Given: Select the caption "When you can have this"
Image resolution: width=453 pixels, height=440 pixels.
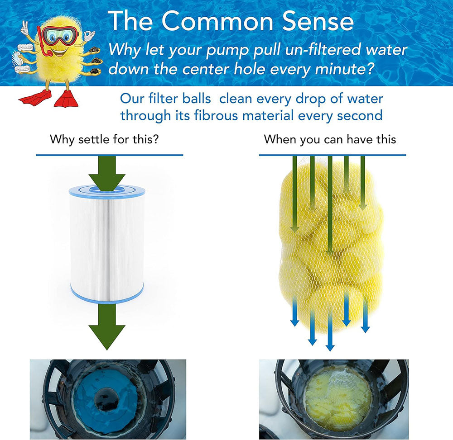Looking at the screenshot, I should point(330,139).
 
